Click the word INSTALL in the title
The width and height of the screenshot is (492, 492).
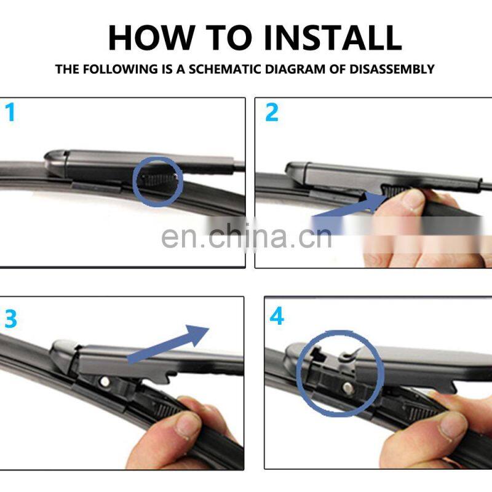[333, 38]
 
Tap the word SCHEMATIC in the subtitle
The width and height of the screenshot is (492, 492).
[224, 69]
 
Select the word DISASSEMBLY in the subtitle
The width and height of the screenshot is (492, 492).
[392, 69]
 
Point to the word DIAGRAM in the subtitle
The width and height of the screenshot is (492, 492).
[295, 69]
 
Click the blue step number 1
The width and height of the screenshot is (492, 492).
[10, 113]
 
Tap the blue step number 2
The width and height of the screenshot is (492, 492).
[272, 113]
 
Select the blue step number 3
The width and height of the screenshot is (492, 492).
[10, 319]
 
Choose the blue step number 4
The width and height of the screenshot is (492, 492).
[277, 316]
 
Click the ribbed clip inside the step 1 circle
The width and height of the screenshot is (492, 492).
[159, 180]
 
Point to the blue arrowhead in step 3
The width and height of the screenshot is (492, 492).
[196, 335]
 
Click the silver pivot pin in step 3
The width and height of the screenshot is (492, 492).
[105, 381]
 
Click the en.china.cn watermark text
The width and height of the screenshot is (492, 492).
[247, 237]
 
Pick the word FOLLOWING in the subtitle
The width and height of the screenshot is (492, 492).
[120, 69]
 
